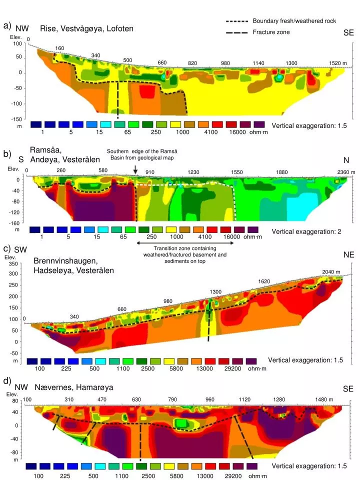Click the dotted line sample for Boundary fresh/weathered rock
click(x=236, y=21)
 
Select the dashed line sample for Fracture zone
click(x=236, y=32)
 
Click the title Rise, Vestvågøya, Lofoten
click(x=93, y=28)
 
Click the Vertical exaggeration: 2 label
click(x=306, y=231)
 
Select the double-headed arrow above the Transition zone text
click(x=185, y=243)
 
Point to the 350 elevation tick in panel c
click(x=13, y=264)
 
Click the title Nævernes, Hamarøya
click(x=74, y=387)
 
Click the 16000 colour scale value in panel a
click(x=237, y=132)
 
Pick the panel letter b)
click(x=7, y=154)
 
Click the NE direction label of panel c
click(x=349, y=254)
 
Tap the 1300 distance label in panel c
click(x=215, y=291)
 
